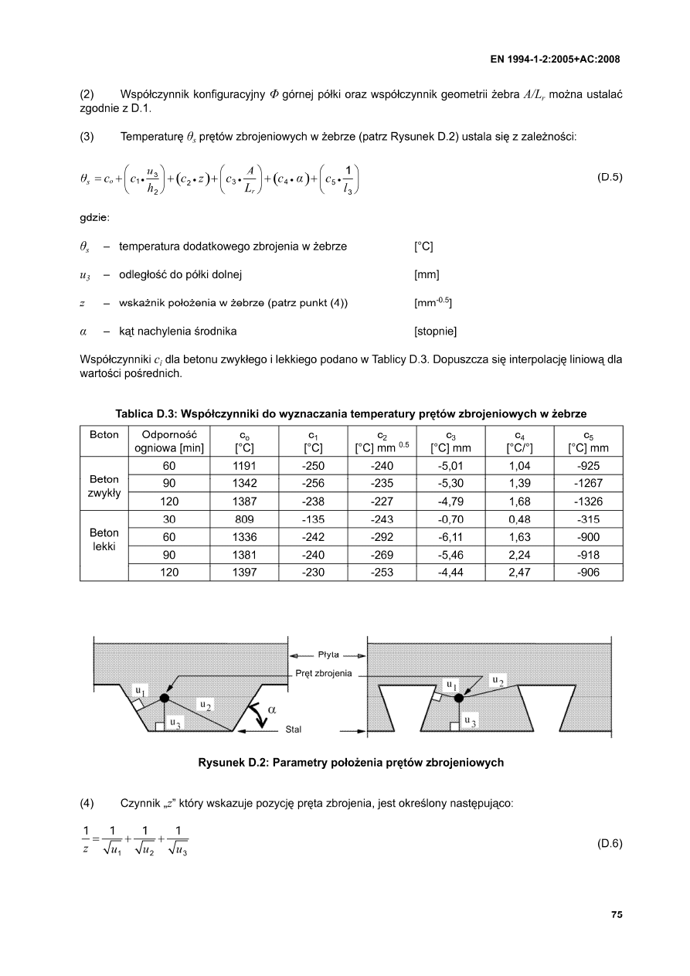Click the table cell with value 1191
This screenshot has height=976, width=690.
point(244,466)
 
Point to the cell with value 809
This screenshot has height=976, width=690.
point(244,520)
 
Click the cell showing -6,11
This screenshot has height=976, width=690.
point(450,537)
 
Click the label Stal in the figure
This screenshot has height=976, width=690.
point(294,729)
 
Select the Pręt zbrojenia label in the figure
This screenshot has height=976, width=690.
point(324,673)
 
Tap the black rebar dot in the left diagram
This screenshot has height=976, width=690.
point(164,698)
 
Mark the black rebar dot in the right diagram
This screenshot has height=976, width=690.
point(459,698)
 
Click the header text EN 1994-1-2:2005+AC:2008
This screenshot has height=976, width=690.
point(556,59)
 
